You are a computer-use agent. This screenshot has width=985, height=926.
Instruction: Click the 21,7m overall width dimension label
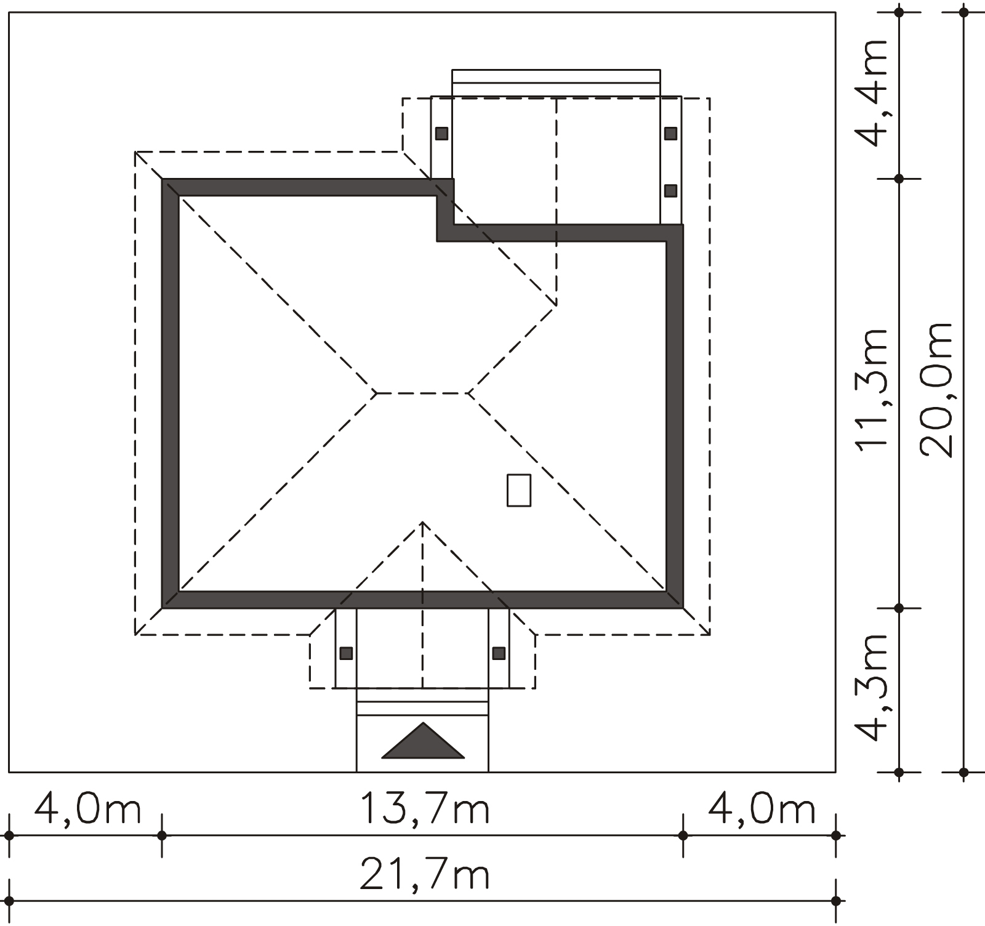[x=425, y=876]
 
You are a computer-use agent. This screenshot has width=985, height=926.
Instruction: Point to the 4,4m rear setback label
[x=873, y=94]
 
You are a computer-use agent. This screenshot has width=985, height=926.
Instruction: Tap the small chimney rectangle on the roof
[x=519, y=490]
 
